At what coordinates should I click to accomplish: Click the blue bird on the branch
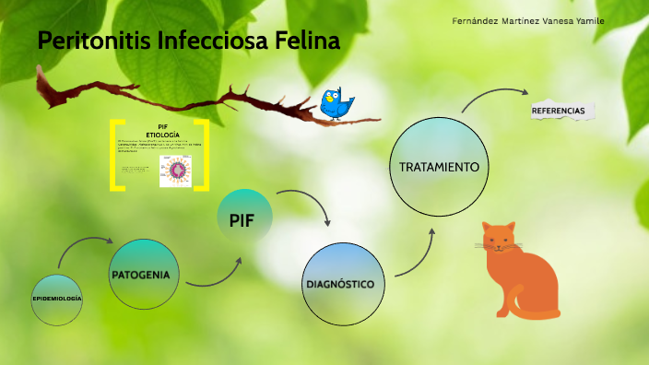336,104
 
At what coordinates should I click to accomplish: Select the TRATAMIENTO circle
439,168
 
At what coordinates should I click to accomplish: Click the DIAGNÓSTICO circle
340,284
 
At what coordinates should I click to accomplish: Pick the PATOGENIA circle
145,275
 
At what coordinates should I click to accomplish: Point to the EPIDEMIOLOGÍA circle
57,300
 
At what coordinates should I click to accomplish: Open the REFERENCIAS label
559,111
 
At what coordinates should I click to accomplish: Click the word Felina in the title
307,41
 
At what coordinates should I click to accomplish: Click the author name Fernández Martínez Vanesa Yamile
529,21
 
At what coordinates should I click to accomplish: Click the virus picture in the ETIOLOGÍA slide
175,170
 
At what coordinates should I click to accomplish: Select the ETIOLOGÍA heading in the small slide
162,135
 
